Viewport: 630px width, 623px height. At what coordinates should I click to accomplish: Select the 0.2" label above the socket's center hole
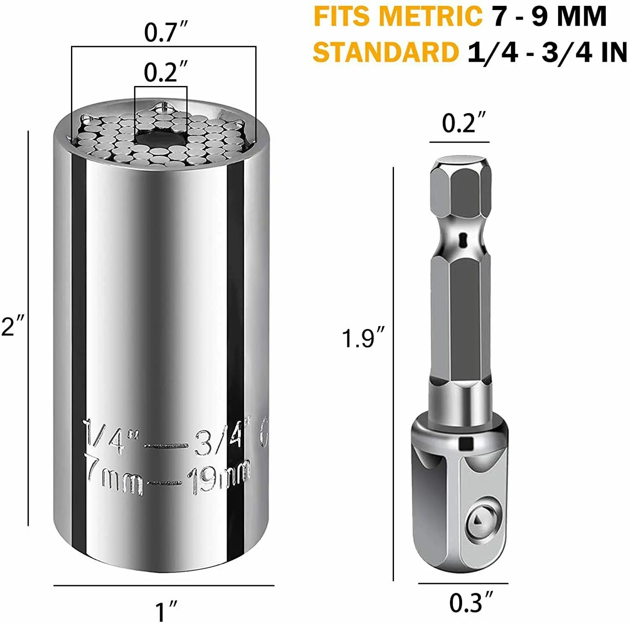(x=163, y=72)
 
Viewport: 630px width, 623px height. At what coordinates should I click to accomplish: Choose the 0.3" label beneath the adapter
(x=469, y=603)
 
